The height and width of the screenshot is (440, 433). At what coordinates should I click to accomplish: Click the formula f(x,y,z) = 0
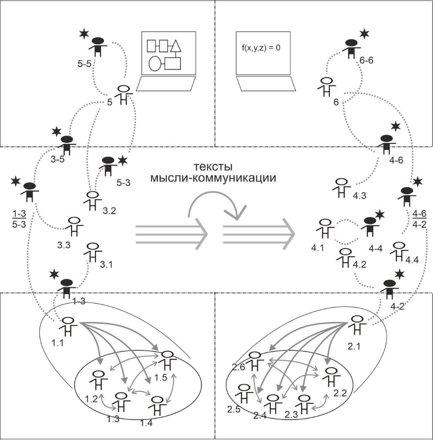tap(261, 48)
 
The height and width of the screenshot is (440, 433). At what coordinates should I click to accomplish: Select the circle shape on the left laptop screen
tap(154, 63)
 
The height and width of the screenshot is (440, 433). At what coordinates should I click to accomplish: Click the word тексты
tap(213, 167)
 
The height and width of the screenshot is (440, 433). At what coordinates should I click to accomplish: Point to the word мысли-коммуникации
tap(213, 178)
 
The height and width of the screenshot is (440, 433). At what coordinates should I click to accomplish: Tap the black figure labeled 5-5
tap(98, 47)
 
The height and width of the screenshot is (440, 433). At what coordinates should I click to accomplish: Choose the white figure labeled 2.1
tap(357, 325)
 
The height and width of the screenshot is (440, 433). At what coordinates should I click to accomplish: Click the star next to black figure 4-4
tap(380, 214)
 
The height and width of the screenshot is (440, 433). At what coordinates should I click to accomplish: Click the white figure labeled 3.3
tap(74, 226)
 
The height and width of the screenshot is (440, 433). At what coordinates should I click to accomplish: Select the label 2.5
tap(233, 409)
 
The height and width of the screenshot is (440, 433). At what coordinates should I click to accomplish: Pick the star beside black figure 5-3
tap(123, 160)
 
